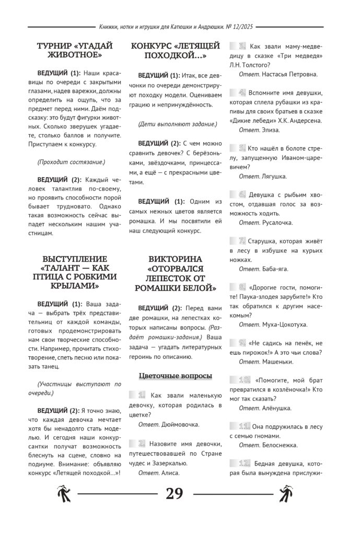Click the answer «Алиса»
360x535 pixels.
pos(170,472)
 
